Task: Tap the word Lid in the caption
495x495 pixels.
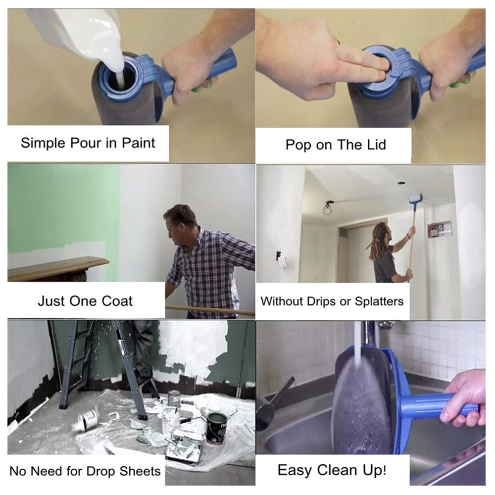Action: [373, 145]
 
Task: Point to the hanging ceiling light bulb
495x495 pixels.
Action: [327, 209]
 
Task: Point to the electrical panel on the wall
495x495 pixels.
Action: [440, 229]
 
